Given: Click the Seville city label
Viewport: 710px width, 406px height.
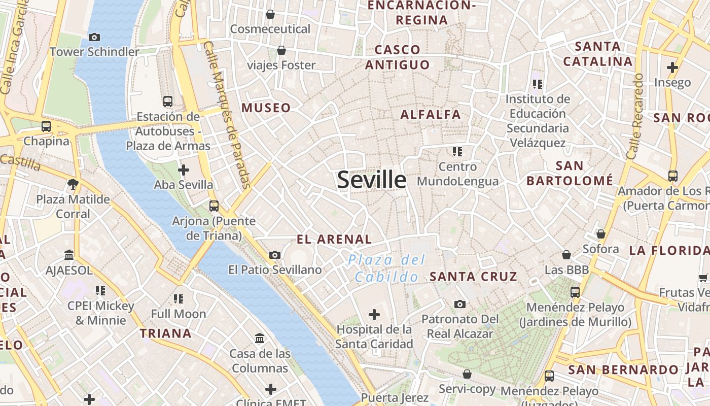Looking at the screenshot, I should [372, 180].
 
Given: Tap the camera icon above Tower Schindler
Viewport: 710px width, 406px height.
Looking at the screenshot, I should [94, 37].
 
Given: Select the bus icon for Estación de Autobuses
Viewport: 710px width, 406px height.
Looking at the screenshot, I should [168, 101].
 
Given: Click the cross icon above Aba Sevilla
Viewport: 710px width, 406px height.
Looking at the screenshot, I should [184, 170].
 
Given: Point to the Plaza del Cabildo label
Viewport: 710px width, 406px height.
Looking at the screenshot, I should [387, 268].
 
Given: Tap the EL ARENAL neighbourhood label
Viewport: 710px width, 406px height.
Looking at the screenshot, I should [334, 239].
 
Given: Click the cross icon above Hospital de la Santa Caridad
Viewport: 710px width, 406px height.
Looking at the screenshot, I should [374, 315].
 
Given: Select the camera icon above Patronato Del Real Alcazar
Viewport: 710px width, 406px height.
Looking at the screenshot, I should [460, 304].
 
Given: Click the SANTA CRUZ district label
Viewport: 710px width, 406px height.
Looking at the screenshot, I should [473, 277].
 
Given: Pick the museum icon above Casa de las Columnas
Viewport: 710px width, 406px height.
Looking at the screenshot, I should [260, 338].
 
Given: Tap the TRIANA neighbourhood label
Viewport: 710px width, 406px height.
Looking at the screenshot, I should [166, 333].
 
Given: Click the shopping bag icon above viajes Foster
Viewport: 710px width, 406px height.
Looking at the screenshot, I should [281, 50].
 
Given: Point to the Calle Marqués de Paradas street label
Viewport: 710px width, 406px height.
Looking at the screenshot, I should [227, 117].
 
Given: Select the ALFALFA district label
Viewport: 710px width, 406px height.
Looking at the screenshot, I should [431, 115].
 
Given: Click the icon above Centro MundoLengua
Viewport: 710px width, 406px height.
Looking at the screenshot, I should [457, 151].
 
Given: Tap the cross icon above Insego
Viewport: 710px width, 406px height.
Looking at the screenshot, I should [672, 67].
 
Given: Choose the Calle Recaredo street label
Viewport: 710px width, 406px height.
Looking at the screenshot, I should [634, 117].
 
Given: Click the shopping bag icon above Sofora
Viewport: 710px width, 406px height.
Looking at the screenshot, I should [601, 234].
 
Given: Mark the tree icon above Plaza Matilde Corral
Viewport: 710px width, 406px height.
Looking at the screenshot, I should [73, 184].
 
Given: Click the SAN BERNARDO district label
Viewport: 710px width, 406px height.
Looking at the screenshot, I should [623, 370].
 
